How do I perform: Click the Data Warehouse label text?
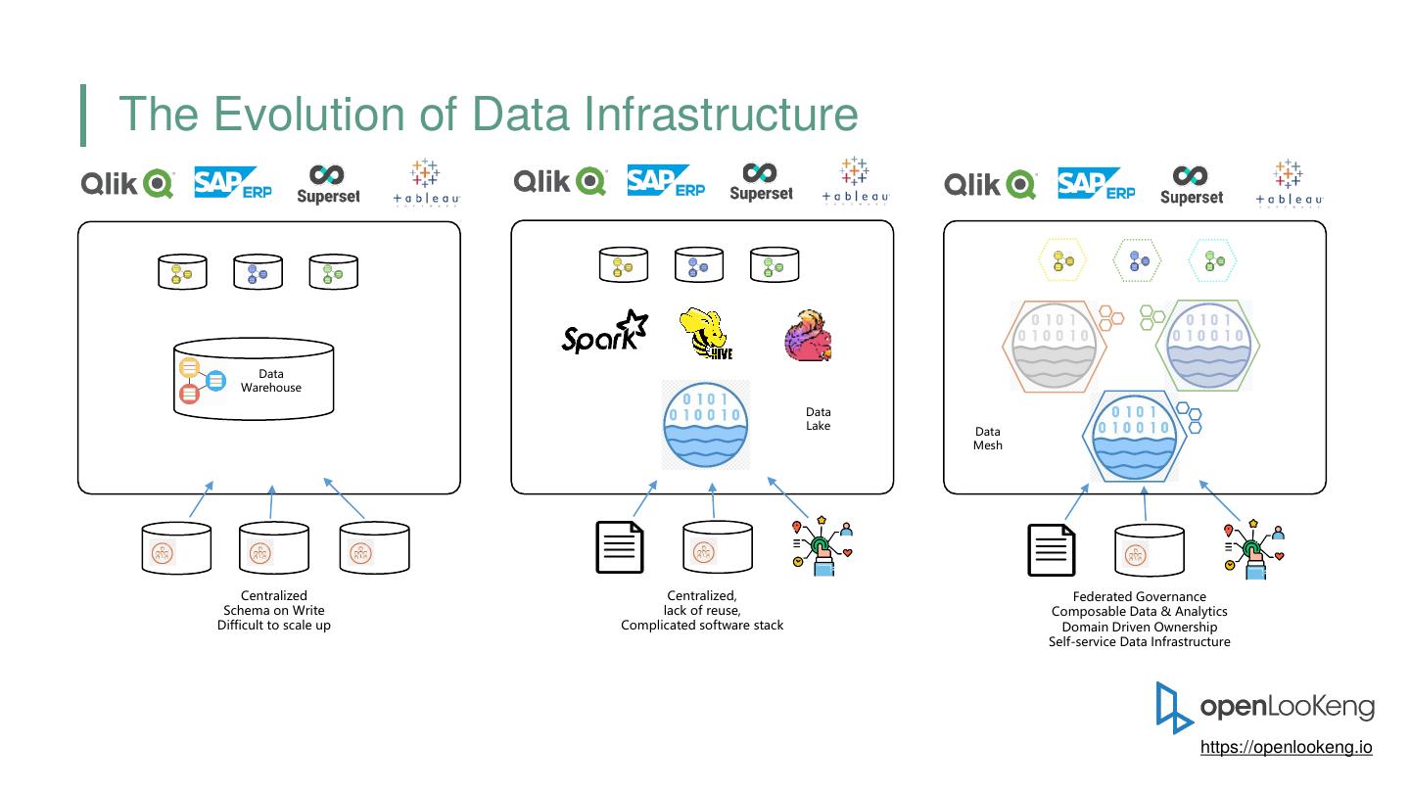271,381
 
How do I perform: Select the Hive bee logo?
707,335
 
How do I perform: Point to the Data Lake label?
818,419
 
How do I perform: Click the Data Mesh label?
988,439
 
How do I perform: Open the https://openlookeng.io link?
1286,747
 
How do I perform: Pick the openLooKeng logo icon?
1174,707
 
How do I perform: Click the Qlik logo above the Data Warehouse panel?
127,183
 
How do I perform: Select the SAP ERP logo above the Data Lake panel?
665,183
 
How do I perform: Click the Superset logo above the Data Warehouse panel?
328,184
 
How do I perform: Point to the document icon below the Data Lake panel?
621,547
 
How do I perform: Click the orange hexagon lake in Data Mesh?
1055,347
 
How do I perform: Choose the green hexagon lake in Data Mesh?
1208,347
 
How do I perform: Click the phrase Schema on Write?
273,610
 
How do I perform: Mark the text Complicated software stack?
702,625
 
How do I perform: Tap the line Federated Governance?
1139,596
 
